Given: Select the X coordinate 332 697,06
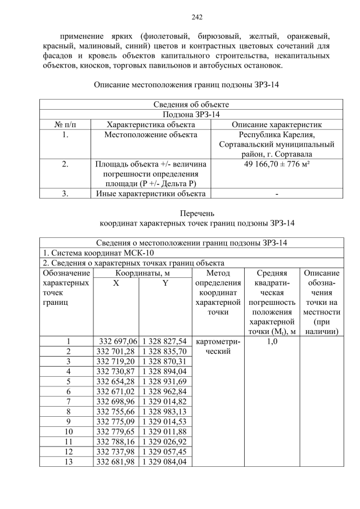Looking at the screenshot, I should click(116, 341).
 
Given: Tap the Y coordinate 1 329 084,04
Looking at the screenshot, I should click(165, 462).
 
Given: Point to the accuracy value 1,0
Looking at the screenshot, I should click(272, 341).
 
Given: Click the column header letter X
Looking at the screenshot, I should click(116, 283).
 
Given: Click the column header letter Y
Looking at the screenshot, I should click(165, 283).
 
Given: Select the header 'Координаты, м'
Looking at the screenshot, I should click(141, 273).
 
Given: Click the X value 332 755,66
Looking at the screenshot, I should click(116, 412).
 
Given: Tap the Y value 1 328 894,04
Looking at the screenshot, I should click(165, 371).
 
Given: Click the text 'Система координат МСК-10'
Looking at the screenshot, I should click(94, 253).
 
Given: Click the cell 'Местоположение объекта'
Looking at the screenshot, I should click(151, 134).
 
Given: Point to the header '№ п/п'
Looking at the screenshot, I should click(65, 124).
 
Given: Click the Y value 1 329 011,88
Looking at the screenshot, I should click(165, 431).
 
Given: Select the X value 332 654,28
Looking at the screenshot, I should click(116, 381).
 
